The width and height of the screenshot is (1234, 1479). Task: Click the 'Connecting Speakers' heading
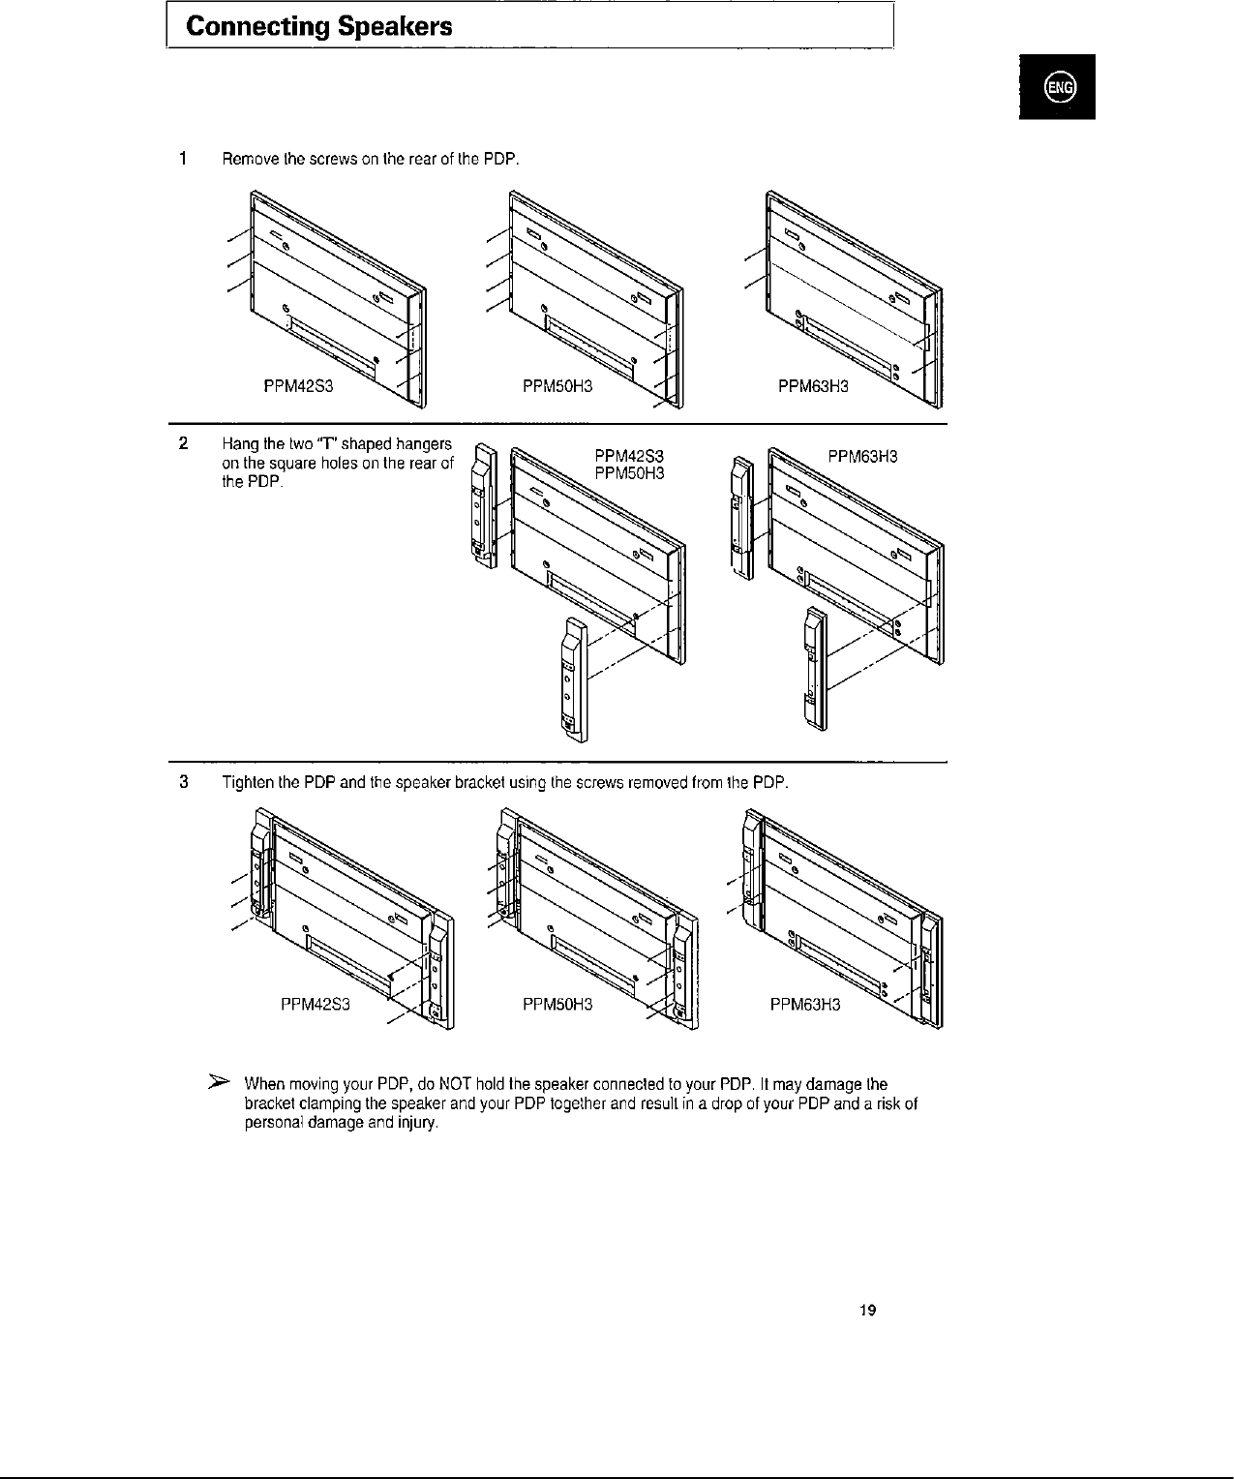point(318,27)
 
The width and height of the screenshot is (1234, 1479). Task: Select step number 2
point(183,444)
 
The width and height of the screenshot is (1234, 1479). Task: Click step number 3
point(183,782)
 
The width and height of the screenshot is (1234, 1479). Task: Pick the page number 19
point(868,1311)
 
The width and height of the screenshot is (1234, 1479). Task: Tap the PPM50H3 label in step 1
point(557,387)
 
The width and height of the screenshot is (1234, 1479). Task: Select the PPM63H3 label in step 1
point(813,387)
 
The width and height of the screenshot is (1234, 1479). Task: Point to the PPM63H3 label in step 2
point(862,457)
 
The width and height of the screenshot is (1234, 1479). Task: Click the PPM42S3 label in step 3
point(314,1004)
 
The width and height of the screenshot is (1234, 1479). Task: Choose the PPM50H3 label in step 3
point(557,1004)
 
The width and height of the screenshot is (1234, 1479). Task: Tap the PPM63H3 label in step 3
point(805,1004)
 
